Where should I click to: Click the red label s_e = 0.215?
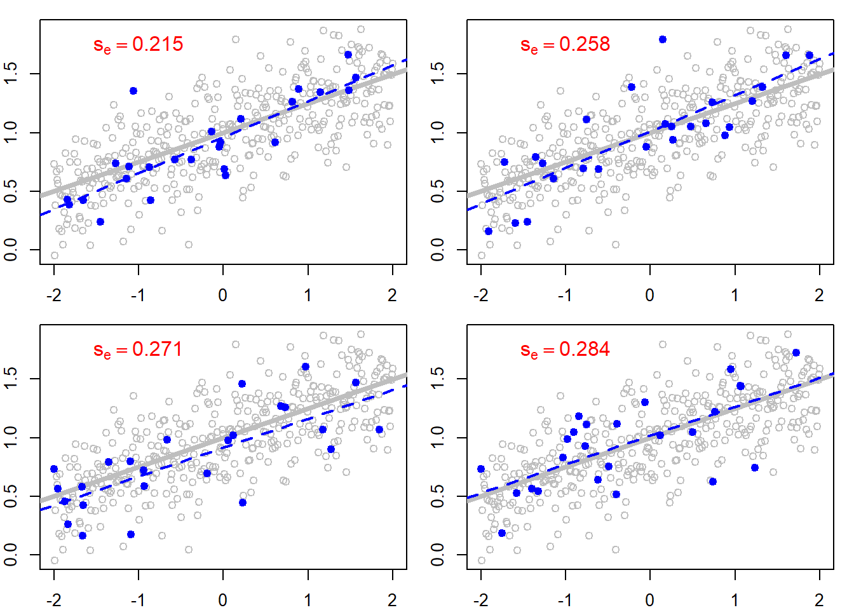(138, 44)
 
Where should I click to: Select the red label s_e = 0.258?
(565, 44)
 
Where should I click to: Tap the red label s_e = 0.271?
(138, 349)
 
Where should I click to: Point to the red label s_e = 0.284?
(565, 349)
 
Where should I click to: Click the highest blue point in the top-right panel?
(663, 39)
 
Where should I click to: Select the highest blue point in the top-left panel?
(348, 55)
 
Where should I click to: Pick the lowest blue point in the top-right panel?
(489, 231)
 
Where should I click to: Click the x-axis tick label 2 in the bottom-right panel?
(819, 600)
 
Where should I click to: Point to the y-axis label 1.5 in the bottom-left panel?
(11, 379)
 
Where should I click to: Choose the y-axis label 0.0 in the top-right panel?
(438, 250)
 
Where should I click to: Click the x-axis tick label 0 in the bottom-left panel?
(223, 600)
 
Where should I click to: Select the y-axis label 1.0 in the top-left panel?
(11, 133)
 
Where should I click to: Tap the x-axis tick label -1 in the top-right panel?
(564, 295)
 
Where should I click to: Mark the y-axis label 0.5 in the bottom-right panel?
(438, 496)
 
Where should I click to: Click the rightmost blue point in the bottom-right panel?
(796, 353)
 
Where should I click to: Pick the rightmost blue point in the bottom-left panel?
(379, 430)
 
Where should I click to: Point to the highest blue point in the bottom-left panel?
(306, 367)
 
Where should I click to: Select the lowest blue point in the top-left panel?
(100, 222)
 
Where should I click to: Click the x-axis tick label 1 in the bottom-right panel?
(735, 600)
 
